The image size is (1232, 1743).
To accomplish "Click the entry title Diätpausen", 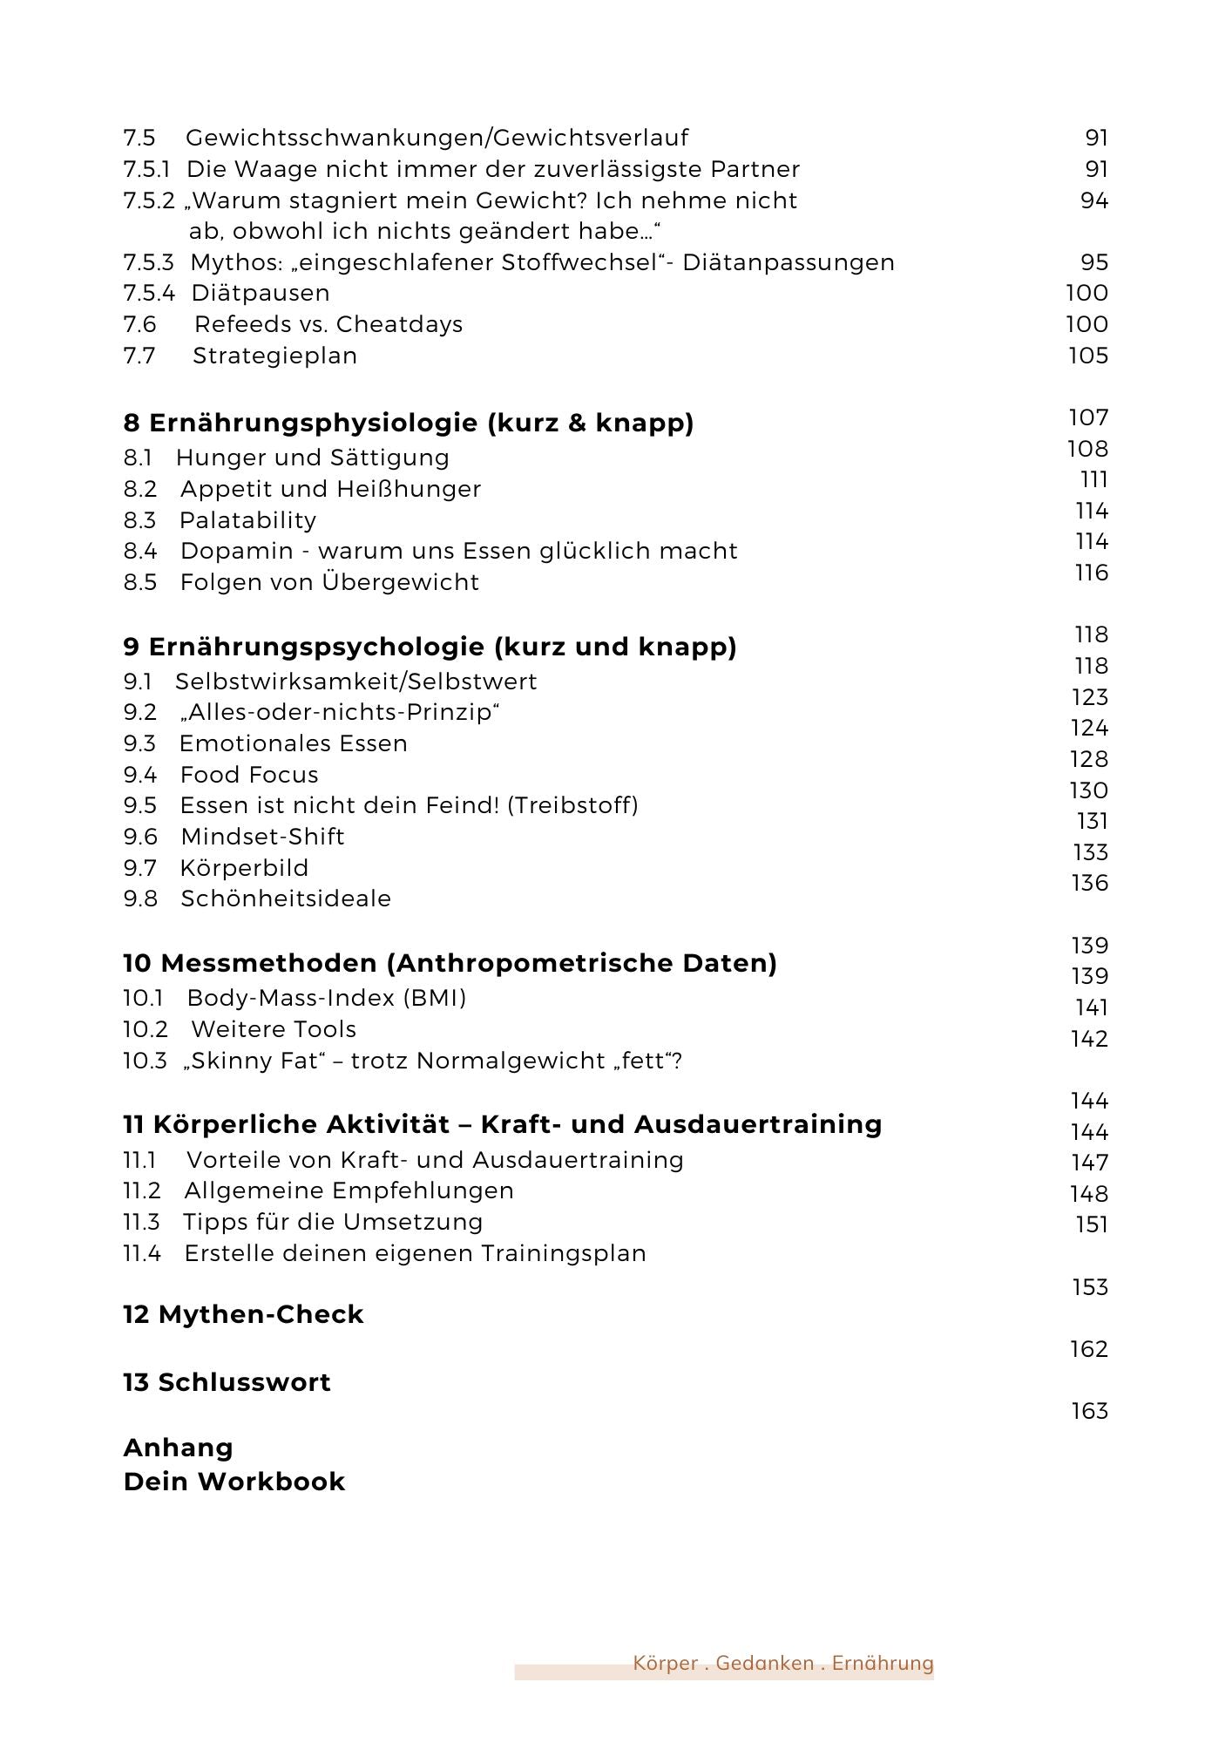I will tap(260, 294).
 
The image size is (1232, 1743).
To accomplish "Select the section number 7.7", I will tap(139, 356).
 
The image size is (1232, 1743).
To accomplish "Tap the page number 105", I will tap(1088, 356).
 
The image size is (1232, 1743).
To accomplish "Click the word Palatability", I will tap(247, 520).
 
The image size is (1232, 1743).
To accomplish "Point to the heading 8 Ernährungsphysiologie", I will tap(409, 424).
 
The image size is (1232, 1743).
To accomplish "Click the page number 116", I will tap(1091, 573).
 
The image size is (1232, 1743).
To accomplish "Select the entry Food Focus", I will tap(249, 775).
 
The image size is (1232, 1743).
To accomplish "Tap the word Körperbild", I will tap(244, 868).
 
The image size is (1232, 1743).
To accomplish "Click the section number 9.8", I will tap(140, 899).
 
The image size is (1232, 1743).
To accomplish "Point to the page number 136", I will tap(1089, 883).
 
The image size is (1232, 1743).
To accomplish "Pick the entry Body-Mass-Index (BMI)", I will tap(327, 998).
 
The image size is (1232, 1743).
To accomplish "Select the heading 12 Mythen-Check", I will tap(243, 1314).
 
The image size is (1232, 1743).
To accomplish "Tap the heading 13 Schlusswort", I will tap(227, 1382).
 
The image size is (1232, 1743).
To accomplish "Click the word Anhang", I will tap(179, 1448).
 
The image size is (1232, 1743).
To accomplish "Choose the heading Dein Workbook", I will tap(234, 1482).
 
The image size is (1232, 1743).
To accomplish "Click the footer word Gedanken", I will tap(764, 1663).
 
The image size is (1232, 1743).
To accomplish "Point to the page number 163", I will tap(1089, 1411).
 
